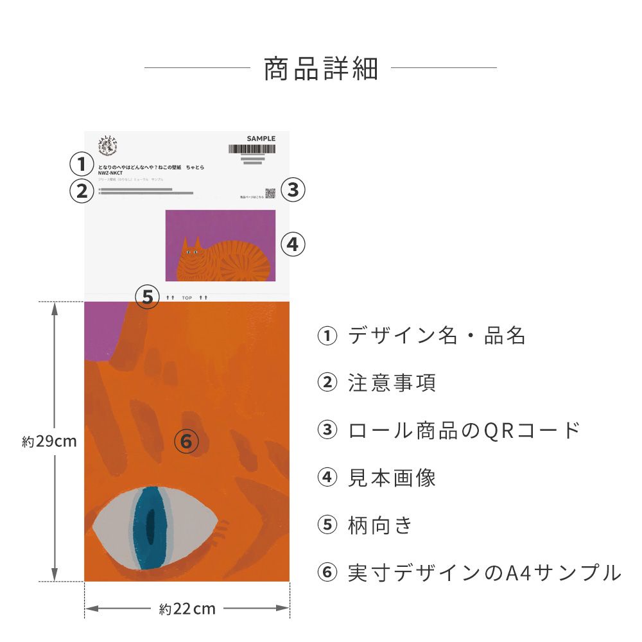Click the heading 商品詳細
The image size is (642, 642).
coord(320,69)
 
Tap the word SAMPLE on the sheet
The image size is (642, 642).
coord(261,139)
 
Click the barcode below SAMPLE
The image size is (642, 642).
coord(252,149)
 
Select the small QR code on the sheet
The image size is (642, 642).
coord(270,193)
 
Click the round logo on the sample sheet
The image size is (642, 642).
coord(107,146)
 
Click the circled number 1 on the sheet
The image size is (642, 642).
coord(82,164)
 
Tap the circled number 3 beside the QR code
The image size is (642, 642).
coord(293,190)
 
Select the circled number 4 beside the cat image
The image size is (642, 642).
coord(292,245)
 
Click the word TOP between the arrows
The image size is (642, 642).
coord(187,298)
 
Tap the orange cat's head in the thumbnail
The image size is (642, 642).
coord(190,253)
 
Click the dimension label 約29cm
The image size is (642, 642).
coord(49,442)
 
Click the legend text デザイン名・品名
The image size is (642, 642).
coord(437,336)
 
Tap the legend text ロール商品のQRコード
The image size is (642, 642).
coord(464,430)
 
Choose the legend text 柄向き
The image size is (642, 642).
coord(380,525)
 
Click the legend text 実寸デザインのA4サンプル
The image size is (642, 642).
coord(484,572)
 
